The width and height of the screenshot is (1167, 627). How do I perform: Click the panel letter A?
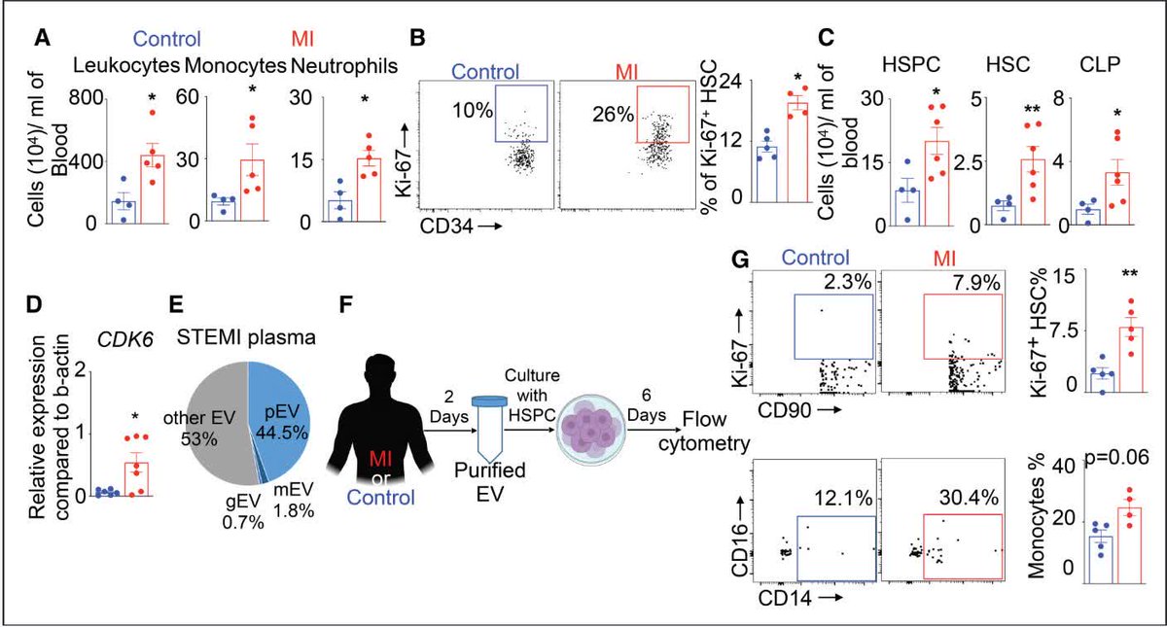(x=42, y=40)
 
